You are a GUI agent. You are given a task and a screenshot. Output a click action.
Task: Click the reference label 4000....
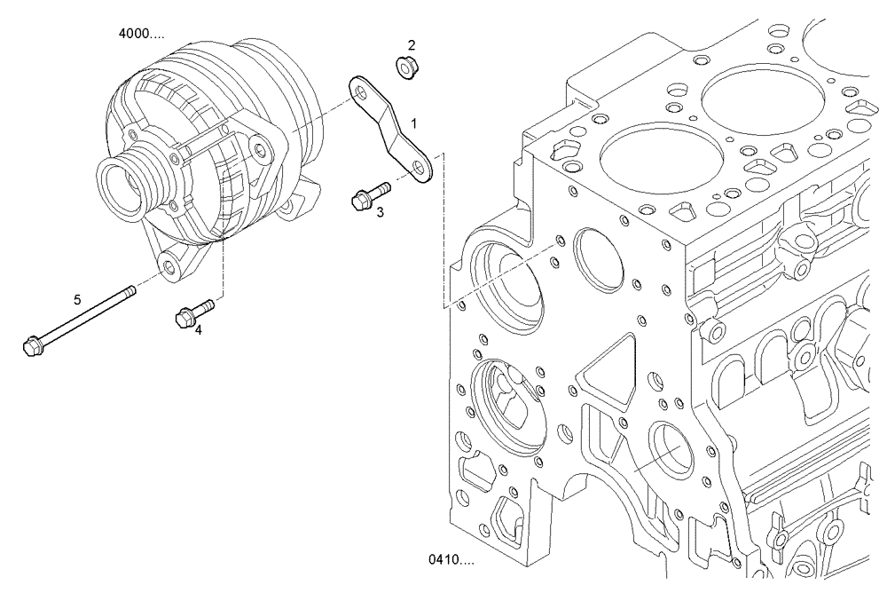click(x=141, y=35)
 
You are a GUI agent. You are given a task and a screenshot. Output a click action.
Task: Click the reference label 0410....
click(x=451, y=560)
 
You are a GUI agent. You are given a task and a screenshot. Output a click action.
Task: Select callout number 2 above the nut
click(x=412, y=44)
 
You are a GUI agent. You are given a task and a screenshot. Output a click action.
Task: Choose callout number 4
click(x=199, y=329)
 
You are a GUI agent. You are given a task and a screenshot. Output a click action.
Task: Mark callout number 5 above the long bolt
click(x=77, y=300)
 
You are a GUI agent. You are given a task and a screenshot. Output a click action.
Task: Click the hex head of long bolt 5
click(x=30, y=343)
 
